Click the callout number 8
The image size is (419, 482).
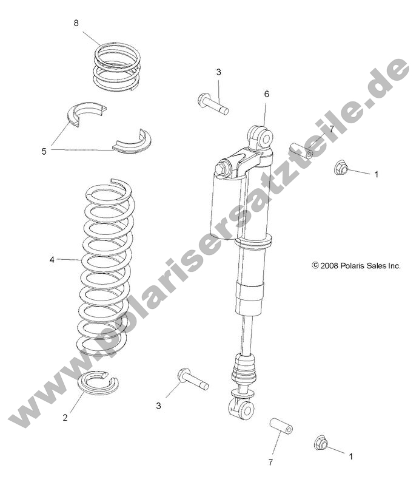tap(76, 23)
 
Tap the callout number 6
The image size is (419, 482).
tap(266, 94)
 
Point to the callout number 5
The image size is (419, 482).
tap(44, 151)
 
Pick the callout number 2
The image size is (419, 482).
tap(65, 417)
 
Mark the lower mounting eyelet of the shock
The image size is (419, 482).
tap(242, 410)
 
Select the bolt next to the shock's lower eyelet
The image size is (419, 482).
tap(192, 380)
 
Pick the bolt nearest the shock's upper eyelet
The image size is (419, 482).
tap(212, 103)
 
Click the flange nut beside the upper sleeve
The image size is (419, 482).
tap(342, 167)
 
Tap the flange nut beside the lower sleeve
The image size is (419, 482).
tap(321, 444)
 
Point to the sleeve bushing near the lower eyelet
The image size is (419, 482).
tap(281, 425)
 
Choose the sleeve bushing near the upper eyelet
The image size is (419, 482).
tap(300, 150)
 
